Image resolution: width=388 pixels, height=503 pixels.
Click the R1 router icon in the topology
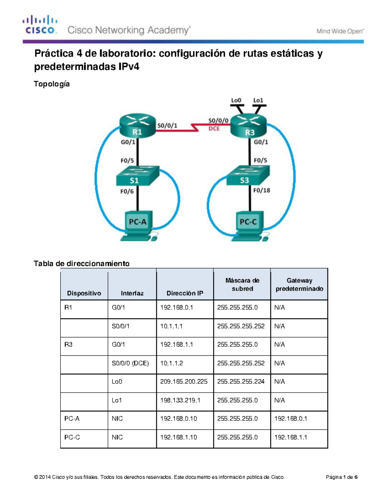pyautogui.click(x=137, y=126)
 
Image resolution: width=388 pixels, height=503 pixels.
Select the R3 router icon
pyautogui.click(x=248, y=127)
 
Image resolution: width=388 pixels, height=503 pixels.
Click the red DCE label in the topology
pyautogui.click(x=214, y=129)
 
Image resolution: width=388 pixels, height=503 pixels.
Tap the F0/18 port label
pyautogui.click(x=262, y=190)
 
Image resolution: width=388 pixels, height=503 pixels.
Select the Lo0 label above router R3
pyautogui.click(x=236, y=100)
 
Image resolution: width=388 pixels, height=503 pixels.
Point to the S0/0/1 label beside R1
pyautogui.click(x=167, y=125)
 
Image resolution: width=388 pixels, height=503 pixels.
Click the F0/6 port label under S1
pyautogui.click(x=127, y=191)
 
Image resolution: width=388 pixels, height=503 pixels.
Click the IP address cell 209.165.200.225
pyautogui.click(x=184, y=382)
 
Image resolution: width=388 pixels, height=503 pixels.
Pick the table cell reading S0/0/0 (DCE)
pyautogui.click(x=130, y=363)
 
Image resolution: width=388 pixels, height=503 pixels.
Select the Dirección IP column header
pyautogui.click(x=185, y=293)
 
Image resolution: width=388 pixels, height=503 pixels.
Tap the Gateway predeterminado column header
pyautogui.click(x=299, y=284)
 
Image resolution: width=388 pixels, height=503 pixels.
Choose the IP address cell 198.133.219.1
pyautogui.click(x=180, y=400)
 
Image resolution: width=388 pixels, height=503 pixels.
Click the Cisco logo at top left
pyautogui.click(x=40, y=25)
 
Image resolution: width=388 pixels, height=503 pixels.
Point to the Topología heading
pyautogui.click(x=52, y=84)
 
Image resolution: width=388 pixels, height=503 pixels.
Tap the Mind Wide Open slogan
pyautogui.click(x=340, y=31)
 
